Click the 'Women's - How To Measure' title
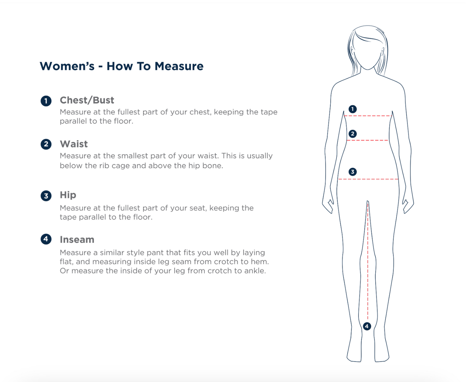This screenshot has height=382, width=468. [121, 66]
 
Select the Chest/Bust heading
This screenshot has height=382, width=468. [87, 100]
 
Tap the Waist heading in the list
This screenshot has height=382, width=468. [74, 144]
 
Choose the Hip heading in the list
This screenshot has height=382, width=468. [68, 195]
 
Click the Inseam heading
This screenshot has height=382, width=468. [77, 240]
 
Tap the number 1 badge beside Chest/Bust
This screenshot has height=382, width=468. [46, 101]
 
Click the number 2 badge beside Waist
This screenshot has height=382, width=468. [46, 144]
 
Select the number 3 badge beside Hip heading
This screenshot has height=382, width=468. [46, 196]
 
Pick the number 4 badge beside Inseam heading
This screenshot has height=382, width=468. [46, 239]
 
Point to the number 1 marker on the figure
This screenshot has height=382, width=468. [353, 109]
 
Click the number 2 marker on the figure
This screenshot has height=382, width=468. [353, 134]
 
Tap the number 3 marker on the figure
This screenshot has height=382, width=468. [353, 172]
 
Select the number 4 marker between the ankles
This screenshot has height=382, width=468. [367, 326]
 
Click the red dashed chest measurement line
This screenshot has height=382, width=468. [368, 116]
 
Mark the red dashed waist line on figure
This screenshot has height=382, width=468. [368, 140]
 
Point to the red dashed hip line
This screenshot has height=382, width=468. [368, 179]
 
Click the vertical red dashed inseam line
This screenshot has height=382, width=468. [368, 261]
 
